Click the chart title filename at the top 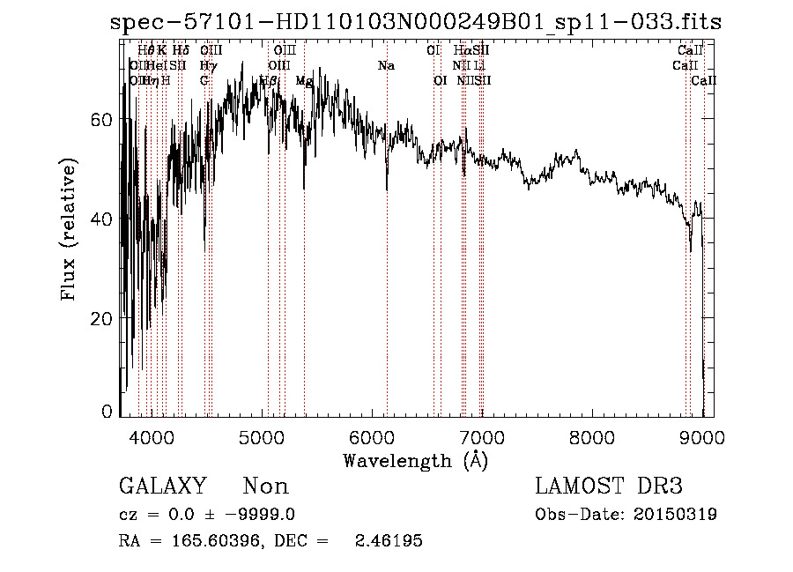tap(416, 22)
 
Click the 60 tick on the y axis tap(103, 120)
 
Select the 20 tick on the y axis tap(103, 318)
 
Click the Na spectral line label tap(386, 66)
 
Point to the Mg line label tap(304, 81)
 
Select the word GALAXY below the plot tap(163, 487)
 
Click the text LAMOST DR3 tap(609, 487)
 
